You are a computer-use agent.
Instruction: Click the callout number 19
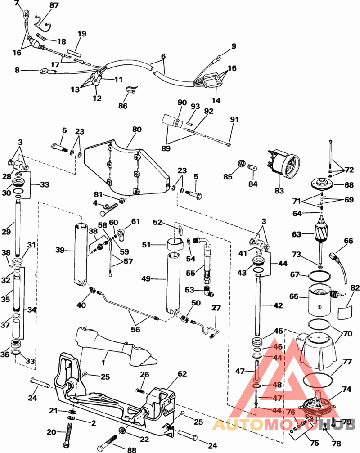click(x=81, y=34)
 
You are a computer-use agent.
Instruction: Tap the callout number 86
click(x=122, y=106)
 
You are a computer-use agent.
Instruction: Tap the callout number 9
click(x=234, y=46)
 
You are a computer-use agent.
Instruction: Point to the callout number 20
click(x=53, y=432)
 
